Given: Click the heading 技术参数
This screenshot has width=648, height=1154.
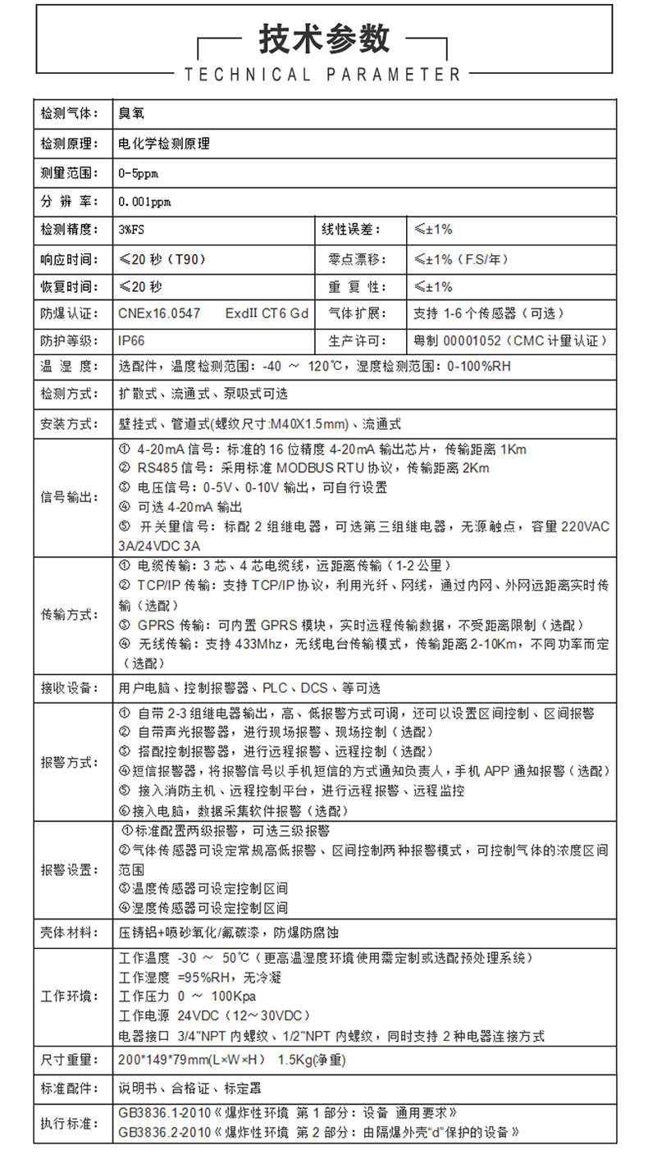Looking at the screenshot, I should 324,39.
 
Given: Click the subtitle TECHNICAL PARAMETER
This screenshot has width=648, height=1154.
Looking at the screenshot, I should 323,75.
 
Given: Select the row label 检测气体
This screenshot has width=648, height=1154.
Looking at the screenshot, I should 70,113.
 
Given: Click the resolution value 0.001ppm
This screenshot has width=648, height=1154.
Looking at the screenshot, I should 144,202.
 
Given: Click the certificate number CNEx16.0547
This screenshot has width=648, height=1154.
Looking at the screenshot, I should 159,313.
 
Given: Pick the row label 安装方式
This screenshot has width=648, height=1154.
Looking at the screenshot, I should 70,424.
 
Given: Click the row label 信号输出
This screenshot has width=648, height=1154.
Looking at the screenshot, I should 70,497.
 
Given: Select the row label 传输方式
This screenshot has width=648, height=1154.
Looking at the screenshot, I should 70,614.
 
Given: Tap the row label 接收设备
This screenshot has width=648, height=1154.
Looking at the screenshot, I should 70,687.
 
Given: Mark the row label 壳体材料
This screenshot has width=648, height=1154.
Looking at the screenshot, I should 70,933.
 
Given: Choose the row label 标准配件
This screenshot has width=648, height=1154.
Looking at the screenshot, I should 70,1088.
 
